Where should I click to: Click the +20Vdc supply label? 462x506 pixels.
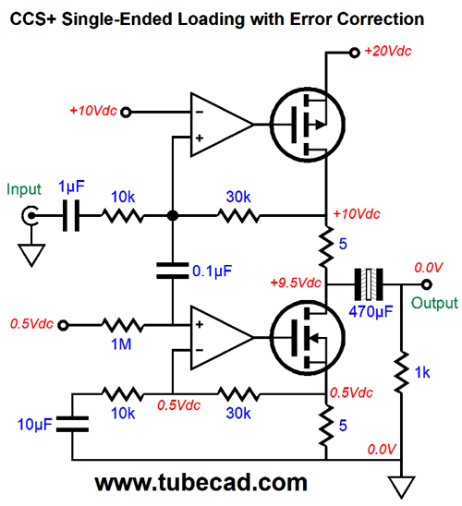(x=388, y=51)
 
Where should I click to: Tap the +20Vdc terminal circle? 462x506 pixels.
(x=355, y=53)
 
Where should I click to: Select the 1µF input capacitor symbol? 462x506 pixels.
(x=71, y=215)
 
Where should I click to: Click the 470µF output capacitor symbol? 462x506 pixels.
(x=369, y=284)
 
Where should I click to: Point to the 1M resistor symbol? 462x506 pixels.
(x=122, y=325)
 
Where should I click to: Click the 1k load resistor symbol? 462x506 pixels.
(x=401, y=372)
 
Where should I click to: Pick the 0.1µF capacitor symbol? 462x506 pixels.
(x=173, y=271)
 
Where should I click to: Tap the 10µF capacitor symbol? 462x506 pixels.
(x=72, y=424)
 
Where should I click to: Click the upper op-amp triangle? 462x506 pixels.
(x=222, y=125)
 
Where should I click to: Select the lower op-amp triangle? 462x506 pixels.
(x=222, y=338)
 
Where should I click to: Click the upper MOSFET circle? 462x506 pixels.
(x=308, y=125)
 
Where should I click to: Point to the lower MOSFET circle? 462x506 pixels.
(x=308, y=338)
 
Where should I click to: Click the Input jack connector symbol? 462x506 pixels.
(x=30, y=215)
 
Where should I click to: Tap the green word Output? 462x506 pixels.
(x=434, y=304)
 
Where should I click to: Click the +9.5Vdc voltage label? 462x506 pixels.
(x=296, y=283)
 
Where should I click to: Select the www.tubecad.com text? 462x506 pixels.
(x=201, y=482)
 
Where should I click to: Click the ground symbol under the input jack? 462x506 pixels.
(x=31, y=255)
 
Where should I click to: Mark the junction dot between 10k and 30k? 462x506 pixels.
(x=173, y=215)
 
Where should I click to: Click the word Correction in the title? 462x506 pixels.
(x=381, y=19)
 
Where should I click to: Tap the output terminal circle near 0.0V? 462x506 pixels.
(x=427, y=284)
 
